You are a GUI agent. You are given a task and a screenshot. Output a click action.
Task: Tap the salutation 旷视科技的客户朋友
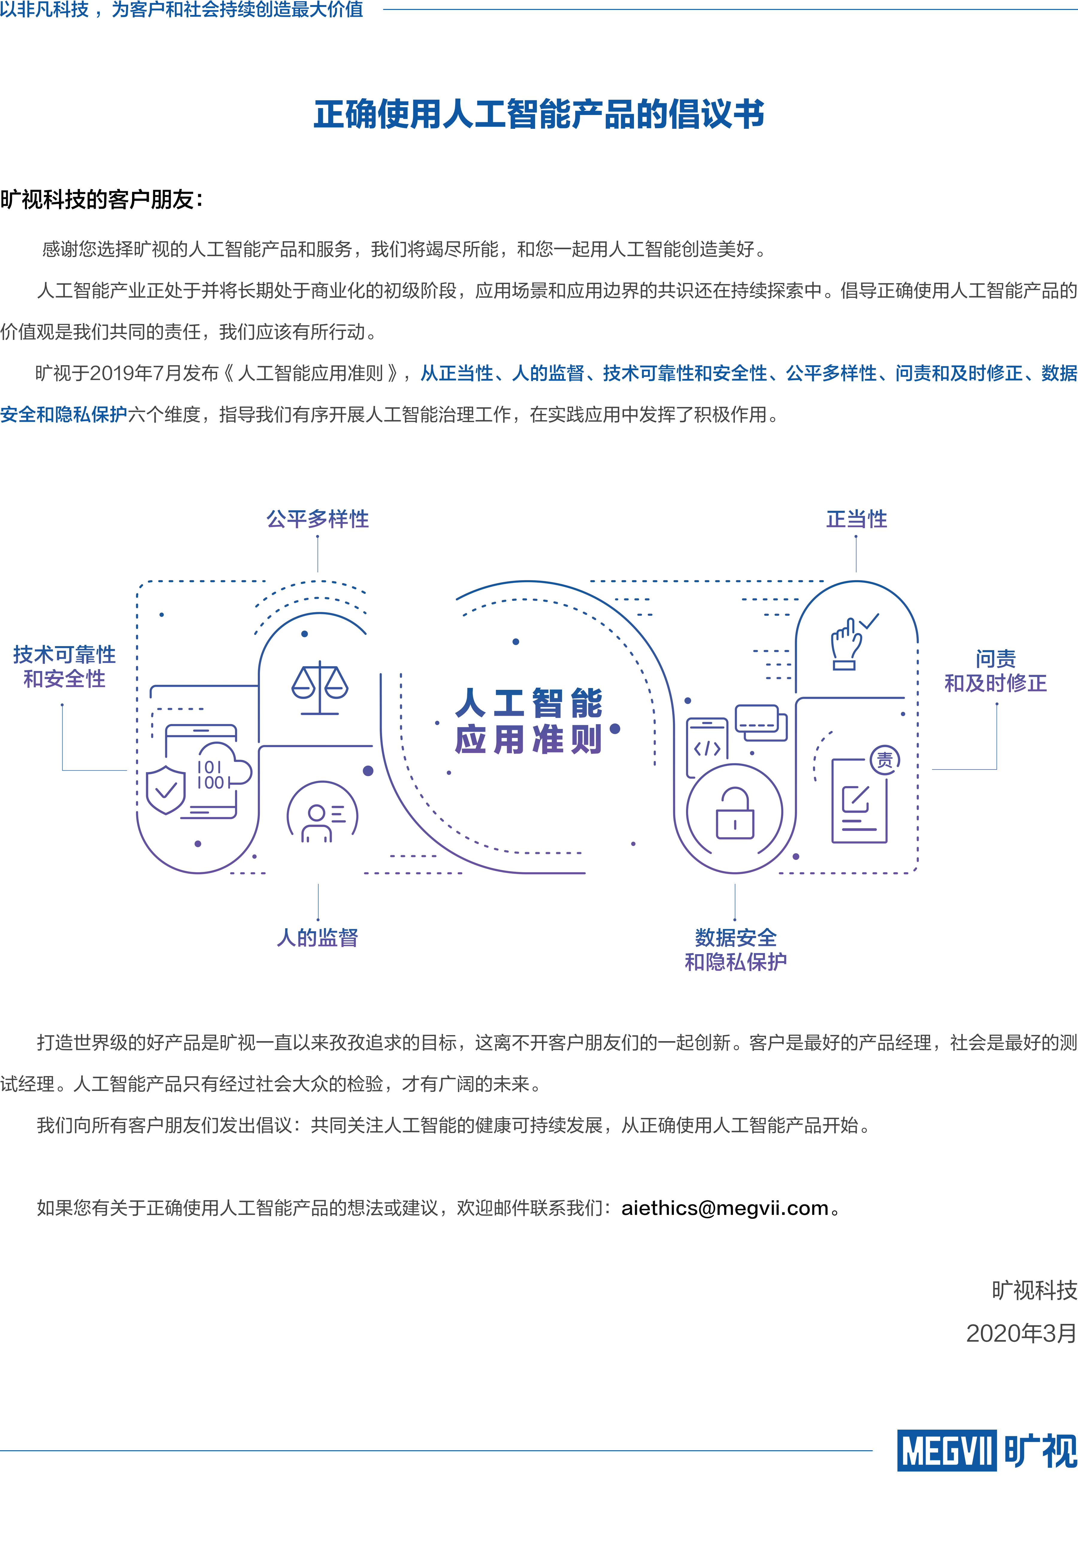(101, 200)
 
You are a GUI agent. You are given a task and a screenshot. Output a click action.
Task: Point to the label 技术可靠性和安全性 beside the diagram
(64, 667)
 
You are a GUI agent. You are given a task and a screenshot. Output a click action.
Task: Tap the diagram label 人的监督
(317, 938)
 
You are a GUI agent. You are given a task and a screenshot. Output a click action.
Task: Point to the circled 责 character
(884, 760)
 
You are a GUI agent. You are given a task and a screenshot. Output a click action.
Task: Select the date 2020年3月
(1021, 1333)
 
